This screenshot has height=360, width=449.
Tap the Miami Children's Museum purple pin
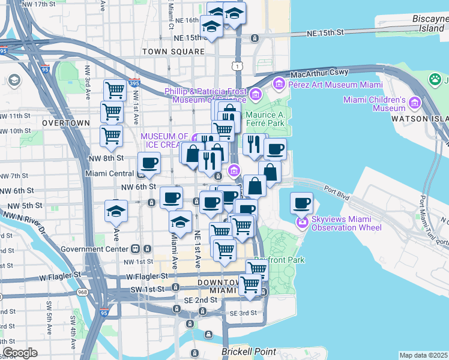coord(413,104)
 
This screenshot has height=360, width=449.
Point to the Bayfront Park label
coord(279,260)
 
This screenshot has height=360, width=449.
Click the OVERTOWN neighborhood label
coord(66,122)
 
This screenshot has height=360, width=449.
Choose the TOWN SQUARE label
coord(173,52)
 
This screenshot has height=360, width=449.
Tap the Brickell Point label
coord(249,352)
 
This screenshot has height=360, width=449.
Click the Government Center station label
coord(95,249)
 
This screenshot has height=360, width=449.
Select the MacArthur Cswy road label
coord(319,73)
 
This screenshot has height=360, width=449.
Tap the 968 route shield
coord(83,292)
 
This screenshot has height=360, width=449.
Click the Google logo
coord(20,353)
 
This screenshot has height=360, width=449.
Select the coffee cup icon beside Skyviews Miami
coord(301,203)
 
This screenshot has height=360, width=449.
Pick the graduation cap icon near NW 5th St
coord(116,210)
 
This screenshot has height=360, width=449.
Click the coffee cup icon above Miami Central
coord(149,162)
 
